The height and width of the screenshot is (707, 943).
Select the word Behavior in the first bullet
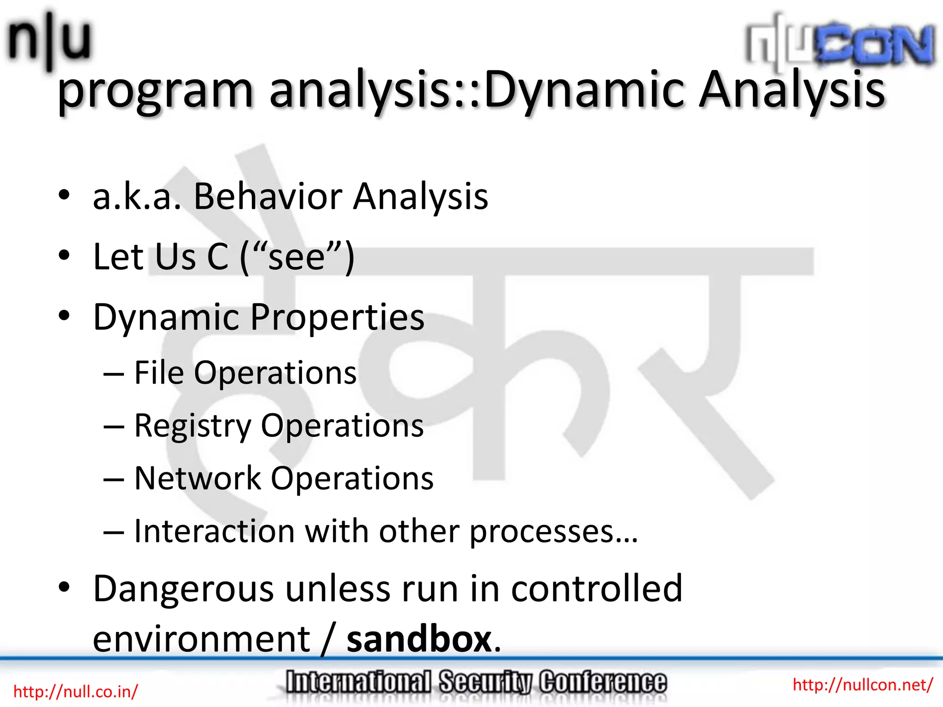(x=268, y=197)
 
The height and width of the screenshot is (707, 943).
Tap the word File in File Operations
(x=159, y=372)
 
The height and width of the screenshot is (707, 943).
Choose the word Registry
(x=192, y=426)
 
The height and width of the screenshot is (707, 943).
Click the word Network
(x=198, y=478)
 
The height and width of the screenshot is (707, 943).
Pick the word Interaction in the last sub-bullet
(x=214, y=531)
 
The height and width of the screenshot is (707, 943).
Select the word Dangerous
(x=184, y=590)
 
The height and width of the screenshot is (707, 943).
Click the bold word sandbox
(x=419, y=639)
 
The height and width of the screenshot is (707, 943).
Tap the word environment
(x=202, y=639)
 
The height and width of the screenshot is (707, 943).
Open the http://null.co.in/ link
(x=76, y=691)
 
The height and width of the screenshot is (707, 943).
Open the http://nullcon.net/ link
(x=862, y=684)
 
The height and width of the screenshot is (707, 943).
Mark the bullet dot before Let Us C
(x=64, y=255)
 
